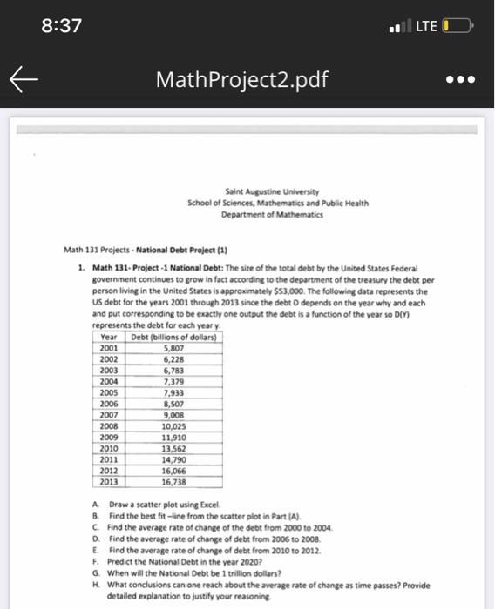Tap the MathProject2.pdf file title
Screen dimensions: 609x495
[x=243, y=81]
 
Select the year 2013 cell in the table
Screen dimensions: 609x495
[x=109, y=479]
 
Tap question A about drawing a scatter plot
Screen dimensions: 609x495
[x=166, y=506]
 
